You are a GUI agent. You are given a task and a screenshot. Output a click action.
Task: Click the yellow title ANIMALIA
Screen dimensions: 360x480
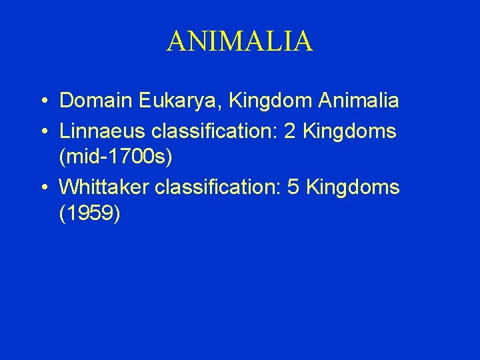click(x=239, y=41)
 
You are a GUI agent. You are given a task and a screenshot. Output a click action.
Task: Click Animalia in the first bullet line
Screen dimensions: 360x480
click(x=359, y=101)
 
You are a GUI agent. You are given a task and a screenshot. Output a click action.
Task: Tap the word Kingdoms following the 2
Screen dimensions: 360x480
click(x=349, y=131)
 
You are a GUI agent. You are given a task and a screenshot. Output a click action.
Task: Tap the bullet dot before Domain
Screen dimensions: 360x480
click(x=42, y=102)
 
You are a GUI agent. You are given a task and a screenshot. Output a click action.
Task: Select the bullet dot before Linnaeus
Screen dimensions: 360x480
click(x=42, y=131)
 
